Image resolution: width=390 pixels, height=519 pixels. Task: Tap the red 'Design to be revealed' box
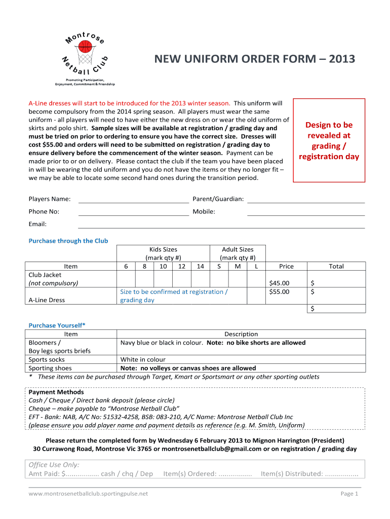pyautogui.click(x=329, y=140)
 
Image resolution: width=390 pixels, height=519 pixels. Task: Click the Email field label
pyautogui.click(x=37, y=224)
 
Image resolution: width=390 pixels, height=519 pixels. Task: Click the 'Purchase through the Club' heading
pyautogui.click(x=68, y=241)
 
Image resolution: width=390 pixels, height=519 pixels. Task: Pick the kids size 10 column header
pyautogui.click(x=163, y=266)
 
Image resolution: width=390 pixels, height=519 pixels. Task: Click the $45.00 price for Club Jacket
pyautogui.click(x=279, y=283)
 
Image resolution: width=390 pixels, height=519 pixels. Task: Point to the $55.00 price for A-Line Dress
pyautogui.click(x=279, y=291)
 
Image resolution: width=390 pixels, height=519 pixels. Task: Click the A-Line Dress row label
pyautogui.click(x=47, y=300)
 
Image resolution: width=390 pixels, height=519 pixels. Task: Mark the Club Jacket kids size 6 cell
pyautogui.click(x=126, y=279)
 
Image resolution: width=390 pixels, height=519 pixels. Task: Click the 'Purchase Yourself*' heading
pyautogui.click(x=57, y=325)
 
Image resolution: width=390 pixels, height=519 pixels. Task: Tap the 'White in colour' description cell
pyautogui.click(x=143, y=360)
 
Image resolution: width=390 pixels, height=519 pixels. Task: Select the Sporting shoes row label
pyautogui.click(x=50, y=368)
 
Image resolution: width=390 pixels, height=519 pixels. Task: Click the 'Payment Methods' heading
pyautogui.click(x=56, y=392)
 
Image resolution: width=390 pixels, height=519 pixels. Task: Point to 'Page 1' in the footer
pyautogui.click(x=349, y=494)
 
